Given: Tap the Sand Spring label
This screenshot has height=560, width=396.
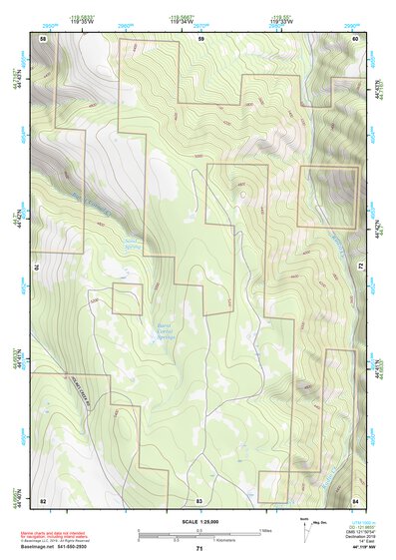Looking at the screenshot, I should [x=131, y=243].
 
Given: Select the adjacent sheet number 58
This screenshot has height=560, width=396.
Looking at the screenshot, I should [x=43, y=37].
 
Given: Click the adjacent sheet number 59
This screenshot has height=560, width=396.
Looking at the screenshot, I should [x=200, y=37].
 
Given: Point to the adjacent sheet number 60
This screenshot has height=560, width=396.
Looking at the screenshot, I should [x=355, y=37].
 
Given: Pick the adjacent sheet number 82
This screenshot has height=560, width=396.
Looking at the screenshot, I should [x=43, y=498].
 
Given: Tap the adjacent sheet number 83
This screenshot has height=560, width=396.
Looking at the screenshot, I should [x=199, y=498].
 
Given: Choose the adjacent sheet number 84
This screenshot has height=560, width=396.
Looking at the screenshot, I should [x=355, y=498].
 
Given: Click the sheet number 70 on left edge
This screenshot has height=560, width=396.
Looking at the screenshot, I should [x=39, y=268].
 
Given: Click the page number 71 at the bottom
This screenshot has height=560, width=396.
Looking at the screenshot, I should [x=199, y=549].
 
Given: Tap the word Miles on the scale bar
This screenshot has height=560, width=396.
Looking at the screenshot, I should [x=266, y=529].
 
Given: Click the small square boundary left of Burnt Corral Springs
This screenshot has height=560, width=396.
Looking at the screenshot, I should [x=128, y=298].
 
